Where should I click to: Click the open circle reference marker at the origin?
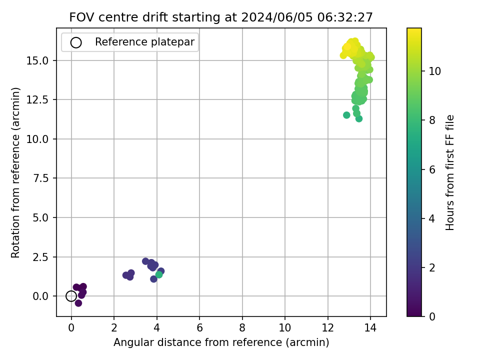pos(71,296)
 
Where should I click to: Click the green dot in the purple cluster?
pos(159,274)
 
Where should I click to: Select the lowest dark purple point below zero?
pos(78,303)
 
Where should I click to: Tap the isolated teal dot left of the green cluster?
pos(346,115)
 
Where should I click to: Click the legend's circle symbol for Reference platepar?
pos(76,42)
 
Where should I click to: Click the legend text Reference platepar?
pos(144,42)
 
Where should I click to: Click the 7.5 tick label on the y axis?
pos(41,178)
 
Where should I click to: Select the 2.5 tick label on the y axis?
pos(41,257)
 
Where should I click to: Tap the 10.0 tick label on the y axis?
pos(37,139)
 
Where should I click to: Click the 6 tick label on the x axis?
pos(199,328)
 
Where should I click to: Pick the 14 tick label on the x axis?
pos(370,328)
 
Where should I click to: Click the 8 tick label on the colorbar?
pos(432,120)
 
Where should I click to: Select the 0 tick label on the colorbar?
pos(432,316)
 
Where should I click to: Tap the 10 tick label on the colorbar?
pos(434,71)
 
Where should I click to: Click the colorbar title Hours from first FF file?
pos(449,172)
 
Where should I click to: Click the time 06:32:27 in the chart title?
pos(345,17)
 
